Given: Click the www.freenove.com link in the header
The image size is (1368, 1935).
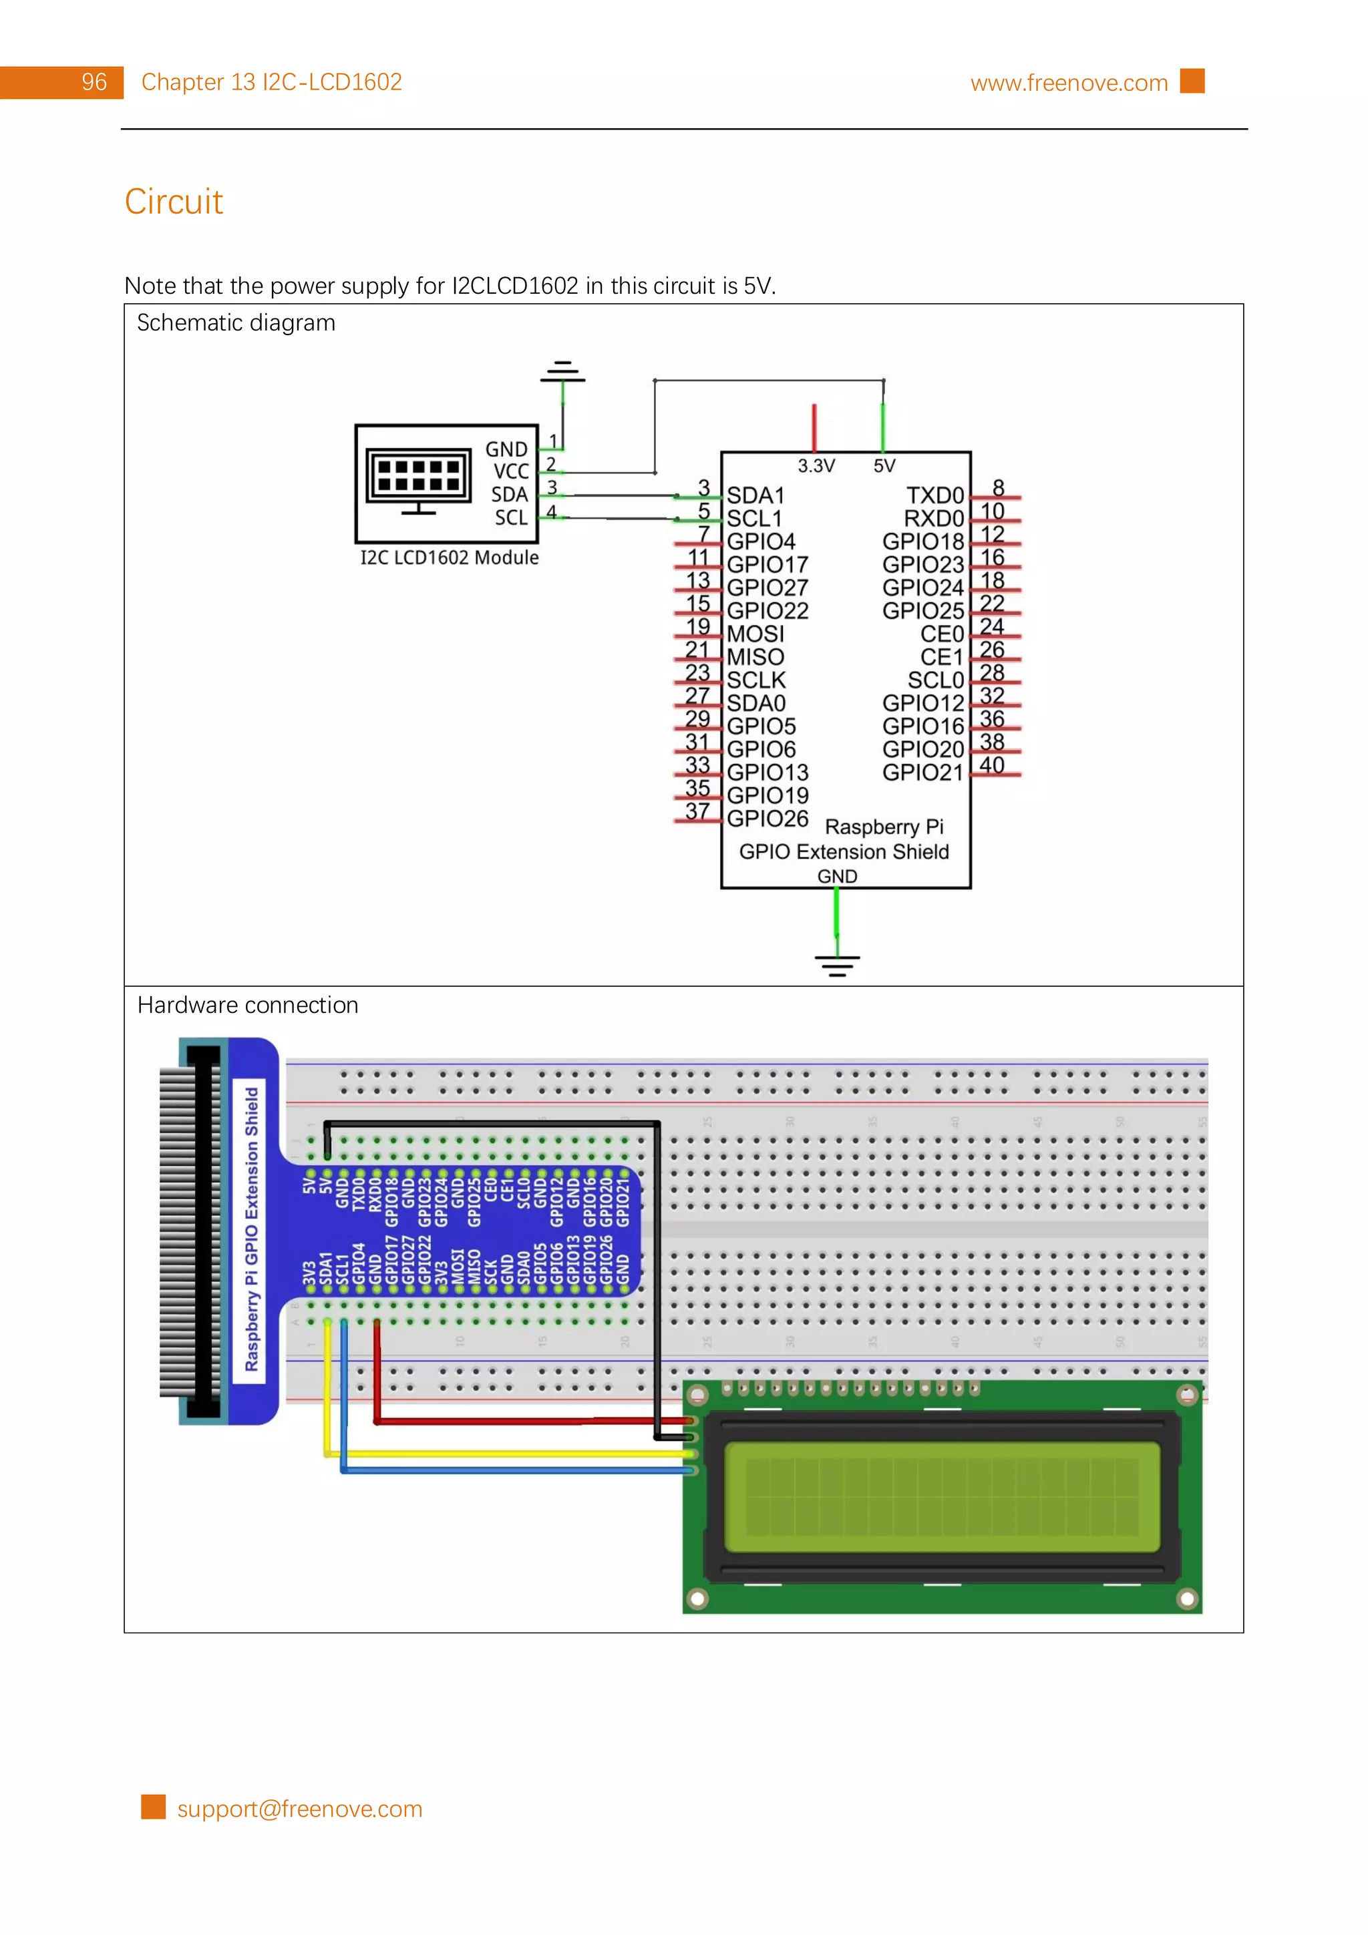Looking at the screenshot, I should coord(1068,83).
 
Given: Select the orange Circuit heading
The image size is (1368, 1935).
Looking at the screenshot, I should coord(174,202).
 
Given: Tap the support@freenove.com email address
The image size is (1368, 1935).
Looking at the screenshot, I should coord(299,1809).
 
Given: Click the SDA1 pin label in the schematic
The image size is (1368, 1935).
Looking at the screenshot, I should coord(755,495).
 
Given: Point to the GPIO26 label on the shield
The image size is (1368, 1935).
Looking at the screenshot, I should coord(767,819).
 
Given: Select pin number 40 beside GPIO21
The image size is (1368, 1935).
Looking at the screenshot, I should coord(991,765).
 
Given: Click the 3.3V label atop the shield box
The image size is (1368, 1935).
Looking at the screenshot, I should coord(816,466).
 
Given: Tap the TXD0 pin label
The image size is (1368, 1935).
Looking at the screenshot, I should coord(934,495).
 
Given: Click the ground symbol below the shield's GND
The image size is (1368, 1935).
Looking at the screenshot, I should coord(836,965).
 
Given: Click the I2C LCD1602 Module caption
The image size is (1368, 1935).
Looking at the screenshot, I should coord(450,558).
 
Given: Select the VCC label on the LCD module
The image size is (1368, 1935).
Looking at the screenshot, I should coord(511,472).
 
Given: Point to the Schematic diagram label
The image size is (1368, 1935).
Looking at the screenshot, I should coord(236,322).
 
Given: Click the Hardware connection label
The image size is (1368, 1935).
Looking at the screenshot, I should coord(248,1006).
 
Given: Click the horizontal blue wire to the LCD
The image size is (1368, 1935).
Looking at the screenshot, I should coord(514,1471).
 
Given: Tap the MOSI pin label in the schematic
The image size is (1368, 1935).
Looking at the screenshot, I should coord(755,634).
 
